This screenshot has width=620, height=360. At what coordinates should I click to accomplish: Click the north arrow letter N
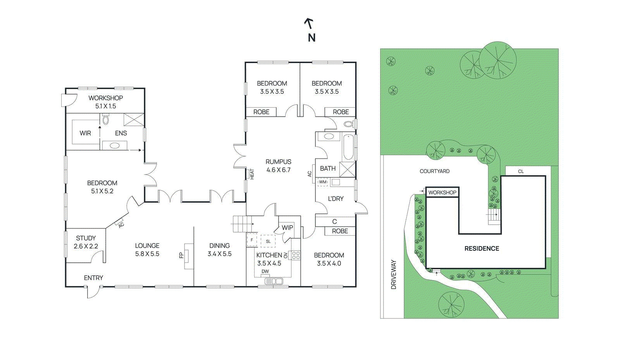(312, 38)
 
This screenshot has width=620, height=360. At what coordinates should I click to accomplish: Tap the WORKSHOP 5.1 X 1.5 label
(105, 102)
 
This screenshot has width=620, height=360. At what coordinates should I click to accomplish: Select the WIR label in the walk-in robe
(85, 133)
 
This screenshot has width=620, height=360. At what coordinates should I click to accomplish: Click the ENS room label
(121, 133)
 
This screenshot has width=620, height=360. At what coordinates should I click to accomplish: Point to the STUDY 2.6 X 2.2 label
(86, 242)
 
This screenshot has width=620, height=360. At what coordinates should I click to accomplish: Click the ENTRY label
(93, 278)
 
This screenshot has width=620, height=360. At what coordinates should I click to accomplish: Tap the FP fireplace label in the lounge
(181, 255)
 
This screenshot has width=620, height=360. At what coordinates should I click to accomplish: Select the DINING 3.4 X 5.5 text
(219, 250)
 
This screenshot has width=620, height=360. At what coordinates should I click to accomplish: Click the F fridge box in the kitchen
(252, 240)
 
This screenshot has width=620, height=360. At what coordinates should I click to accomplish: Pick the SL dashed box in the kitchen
(268, 241)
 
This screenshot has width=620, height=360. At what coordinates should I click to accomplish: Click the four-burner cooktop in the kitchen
(296, 255)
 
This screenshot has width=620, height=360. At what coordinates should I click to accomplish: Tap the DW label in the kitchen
(265, 271)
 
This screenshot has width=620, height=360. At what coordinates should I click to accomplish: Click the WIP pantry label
(287, 227)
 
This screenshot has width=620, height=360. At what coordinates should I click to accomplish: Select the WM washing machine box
(323, 182)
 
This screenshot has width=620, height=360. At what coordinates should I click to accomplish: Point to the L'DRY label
(336, 198)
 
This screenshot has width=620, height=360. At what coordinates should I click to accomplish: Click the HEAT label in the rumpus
(252, 174)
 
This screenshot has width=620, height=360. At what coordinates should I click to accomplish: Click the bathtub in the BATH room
(348, 147)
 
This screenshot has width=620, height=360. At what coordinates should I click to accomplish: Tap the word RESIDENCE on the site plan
(482, 248)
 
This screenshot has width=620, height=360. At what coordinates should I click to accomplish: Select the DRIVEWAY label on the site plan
(394, 274)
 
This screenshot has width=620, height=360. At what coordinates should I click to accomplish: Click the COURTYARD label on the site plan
(434, 171)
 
